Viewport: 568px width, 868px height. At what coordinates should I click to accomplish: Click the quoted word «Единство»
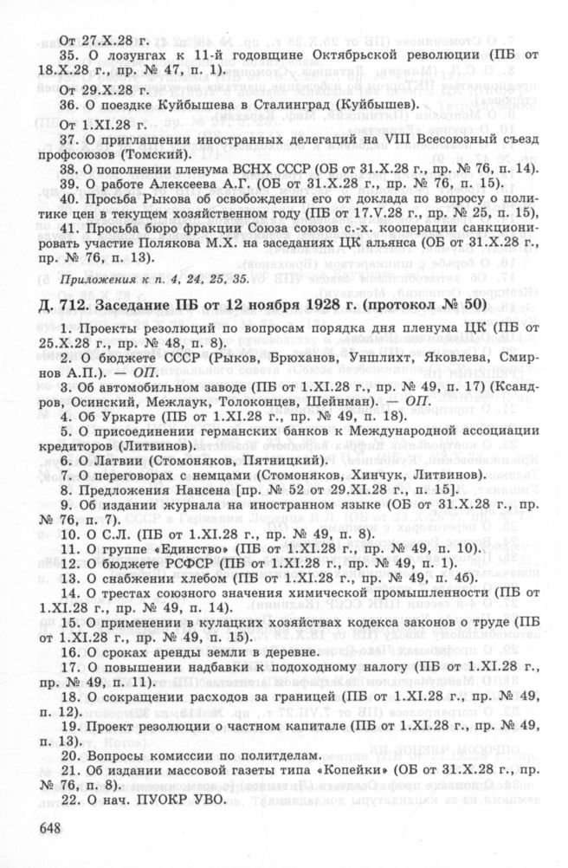click(x=191, y=547)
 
